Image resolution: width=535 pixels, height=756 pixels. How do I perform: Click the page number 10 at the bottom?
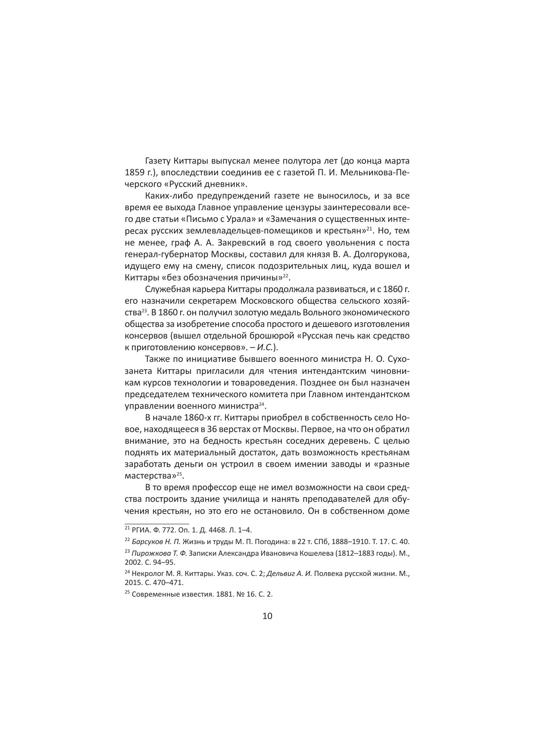point(267,616)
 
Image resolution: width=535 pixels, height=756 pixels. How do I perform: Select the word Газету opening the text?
point(158,161)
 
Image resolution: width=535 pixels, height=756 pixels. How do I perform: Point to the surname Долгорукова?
point(378,254)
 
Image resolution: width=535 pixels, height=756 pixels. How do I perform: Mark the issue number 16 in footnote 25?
point(239,594)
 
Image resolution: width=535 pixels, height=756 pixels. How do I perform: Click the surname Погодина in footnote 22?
point(257,542)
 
